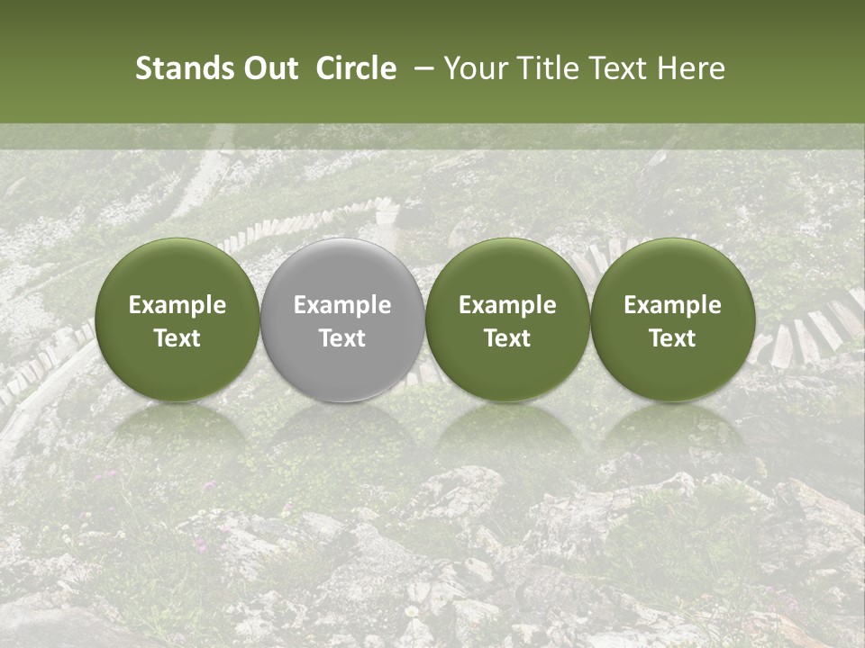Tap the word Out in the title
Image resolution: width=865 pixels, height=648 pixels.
click(x=271, y=68)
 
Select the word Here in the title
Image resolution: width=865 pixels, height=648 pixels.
click(x=691, y=68)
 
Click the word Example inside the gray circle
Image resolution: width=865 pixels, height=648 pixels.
click(x=342, y=305)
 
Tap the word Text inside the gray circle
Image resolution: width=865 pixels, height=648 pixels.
click(x=342, y=338)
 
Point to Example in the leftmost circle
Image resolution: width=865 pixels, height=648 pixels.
click(x=177, y=305)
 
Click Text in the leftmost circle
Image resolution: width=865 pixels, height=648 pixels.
click(x=177, y=338)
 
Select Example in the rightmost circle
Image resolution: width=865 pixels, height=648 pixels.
click(x=673, y=305)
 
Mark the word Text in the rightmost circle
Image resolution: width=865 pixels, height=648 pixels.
click(x=673, y=338)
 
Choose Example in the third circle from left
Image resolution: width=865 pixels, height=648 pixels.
click(x=507, y=305)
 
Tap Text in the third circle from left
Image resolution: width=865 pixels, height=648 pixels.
click(x=507, y=338)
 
